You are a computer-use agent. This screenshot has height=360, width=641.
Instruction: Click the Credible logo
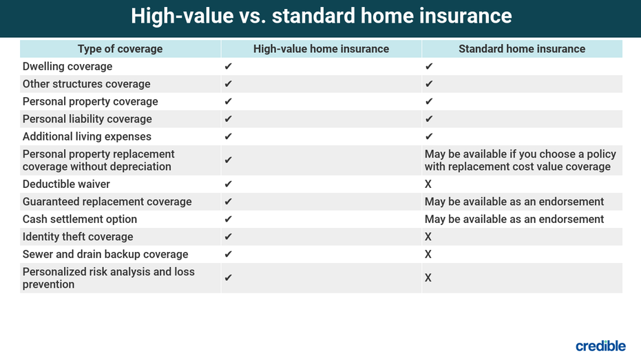coord(600,346)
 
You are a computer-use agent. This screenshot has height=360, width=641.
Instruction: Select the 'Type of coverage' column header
coord(120,49)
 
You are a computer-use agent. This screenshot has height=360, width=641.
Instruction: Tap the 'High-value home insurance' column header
coord(321,49)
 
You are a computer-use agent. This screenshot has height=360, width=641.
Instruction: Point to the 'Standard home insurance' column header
coord(522,49)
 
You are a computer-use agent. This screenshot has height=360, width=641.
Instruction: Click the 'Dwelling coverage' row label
coord(67,66)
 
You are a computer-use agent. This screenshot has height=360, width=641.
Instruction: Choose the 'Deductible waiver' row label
coord(66,184)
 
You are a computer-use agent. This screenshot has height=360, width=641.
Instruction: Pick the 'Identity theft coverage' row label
coord(78,237)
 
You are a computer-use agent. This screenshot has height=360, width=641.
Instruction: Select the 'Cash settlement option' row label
coord(80,219)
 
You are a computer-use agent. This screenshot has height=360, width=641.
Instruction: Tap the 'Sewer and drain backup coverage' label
coord(105,254)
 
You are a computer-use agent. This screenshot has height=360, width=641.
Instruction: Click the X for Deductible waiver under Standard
coord(428,184)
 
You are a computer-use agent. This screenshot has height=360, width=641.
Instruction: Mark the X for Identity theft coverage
coord(428,237)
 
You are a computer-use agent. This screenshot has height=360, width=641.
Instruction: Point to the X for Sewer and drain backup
coord(428,255)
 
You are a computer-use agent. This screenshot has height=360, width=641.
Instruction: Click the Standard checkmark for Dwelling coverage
coord(429,66)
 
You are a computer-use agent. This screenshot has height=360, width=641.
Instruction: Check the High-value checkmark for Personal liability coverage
coord(228,119)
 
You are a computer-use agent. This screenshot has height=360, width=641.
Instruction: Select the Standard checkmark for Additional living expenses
coord(429,136)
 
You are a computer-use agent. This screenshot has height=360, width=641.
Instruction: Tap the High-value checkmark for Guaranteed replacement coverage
coord(228,202)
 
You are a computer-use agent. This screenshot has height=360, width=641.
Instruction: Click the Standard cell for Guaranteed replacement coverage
coord(514,202)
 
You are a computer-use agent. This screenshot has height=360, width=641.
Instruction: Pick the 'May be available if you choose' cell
coord(521,160)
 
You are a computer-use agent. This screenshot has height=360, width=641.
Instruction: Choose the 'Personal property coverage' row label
coord(90,101)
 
